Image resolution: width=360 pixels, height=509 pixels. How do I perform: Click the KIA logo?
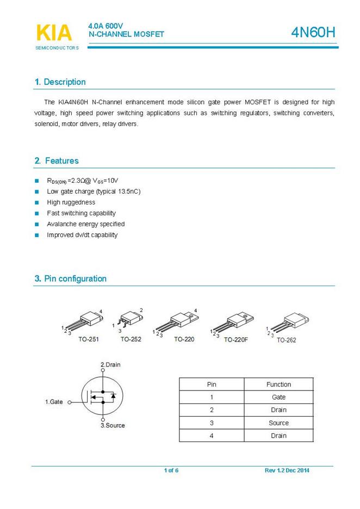[54, 33]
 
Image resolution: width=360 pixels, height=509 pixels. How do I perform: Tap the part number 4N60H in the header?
[313, 33]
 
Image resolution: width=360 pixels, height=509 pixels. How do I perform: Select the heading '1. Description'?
[60, 82]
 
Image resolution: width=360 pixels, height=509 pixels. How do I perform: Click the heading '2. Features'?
[57, 161]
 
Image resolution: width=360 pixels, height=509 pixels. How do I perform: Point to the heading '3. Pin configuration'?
[71, 279]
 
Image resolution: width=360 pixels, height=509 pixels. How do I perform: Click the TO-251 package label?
[88, 339]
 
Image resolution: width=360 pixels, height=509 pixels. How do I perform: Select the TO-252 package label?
[131, 339]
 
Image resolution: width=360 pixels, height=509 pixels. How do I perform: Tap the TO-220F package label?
[235, 340]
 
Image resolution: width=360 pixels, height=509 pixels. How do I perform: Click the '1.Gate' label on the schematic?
[54, 402]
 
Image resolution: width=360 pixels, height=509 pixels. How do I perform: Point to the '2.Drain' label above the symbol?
[110, 364]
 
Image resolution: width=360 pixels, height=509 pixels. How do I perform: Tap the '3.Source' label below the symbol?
[113, 425]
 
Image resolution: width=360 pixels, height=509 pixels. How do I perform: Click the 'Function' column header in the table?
[278, 384]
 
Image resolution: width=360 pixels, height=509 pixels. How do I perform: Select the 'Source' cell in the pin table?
[278, 423]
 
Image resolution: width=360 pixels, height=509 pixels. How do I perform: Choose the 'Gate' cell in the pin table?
[278, 398]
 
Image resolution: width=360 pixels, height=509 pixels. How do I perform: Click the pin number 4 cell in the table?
[212, 436]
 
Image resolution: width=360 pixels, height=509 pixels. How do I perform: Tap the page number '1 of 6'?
[171, 470]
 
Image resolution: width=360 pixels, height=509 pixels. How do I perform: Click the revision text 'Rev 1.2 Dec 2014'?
[287, 470]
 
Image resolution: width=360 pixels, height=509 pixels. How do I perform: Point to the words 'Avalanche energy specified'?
[86, 224]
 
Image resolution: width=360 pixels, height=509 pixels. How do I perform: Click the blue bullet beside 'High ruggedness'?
[37, 202]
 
